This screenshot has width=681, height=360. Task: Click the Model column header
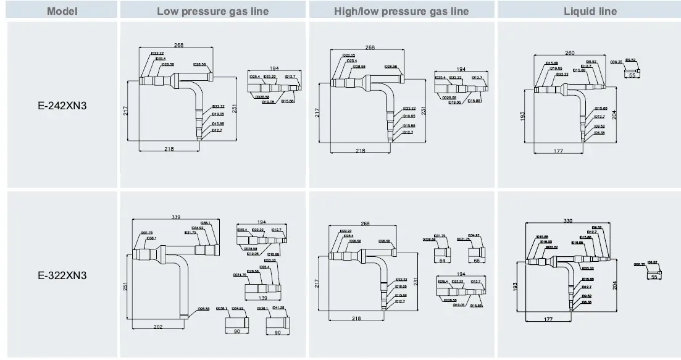(x=59, y=11)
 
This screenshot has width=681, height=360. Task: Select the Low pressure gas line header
(x=213, y=11)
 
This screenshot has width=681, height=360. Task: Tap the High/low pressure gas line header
(x=401, y=11)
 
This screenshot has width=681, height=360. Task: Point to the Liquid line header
(x=590, y=11)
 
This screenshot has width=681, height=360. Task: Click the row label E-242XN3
(x=59, y=106)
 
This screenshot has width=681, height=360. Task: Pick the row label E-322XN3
(x=59, y=275)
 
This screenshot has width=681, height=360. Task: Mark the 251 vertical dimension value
(x=125, y=286)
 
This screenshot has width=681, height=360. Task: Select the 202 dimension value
(x=158, y=326)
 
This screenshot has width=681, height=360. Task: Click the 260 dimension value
(x=569, y=54)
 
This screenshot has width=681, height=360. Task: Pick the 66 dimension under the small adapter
(x=475, y=261)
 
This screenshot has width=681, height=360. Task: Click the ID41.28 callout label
(x=278, y=308)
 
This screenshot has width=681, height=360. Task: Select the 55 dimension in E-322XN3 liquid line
(x=654, y=277)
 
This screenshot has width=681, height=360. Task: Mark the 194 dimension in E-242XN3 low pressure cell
(x=274, y=69)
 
